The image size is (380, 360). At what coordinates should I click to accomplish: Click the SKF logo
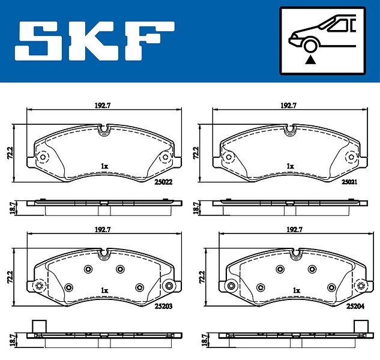coord(94,41)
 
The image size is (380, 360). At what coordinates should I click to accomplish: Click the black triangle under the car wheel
coord(310,60)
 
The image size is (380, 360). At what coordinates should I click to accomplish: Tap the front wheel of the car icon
coord(310,45)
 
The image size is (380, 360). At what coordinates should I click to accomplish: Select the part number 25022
coord(163,182)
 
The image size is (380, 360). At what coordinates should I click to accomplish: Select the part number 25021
coord(349,182)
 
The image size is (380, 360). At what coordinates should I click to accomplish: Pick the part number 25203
coord(163,307)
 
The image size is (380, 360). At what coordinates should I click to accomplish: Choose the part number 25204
coord(355,307)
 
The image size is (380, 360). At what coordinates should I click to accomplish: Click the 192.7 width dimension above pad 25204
coord(294,229)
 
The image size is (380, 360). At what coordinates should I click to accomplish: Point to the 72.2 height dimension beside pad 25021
coord(196,152)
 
